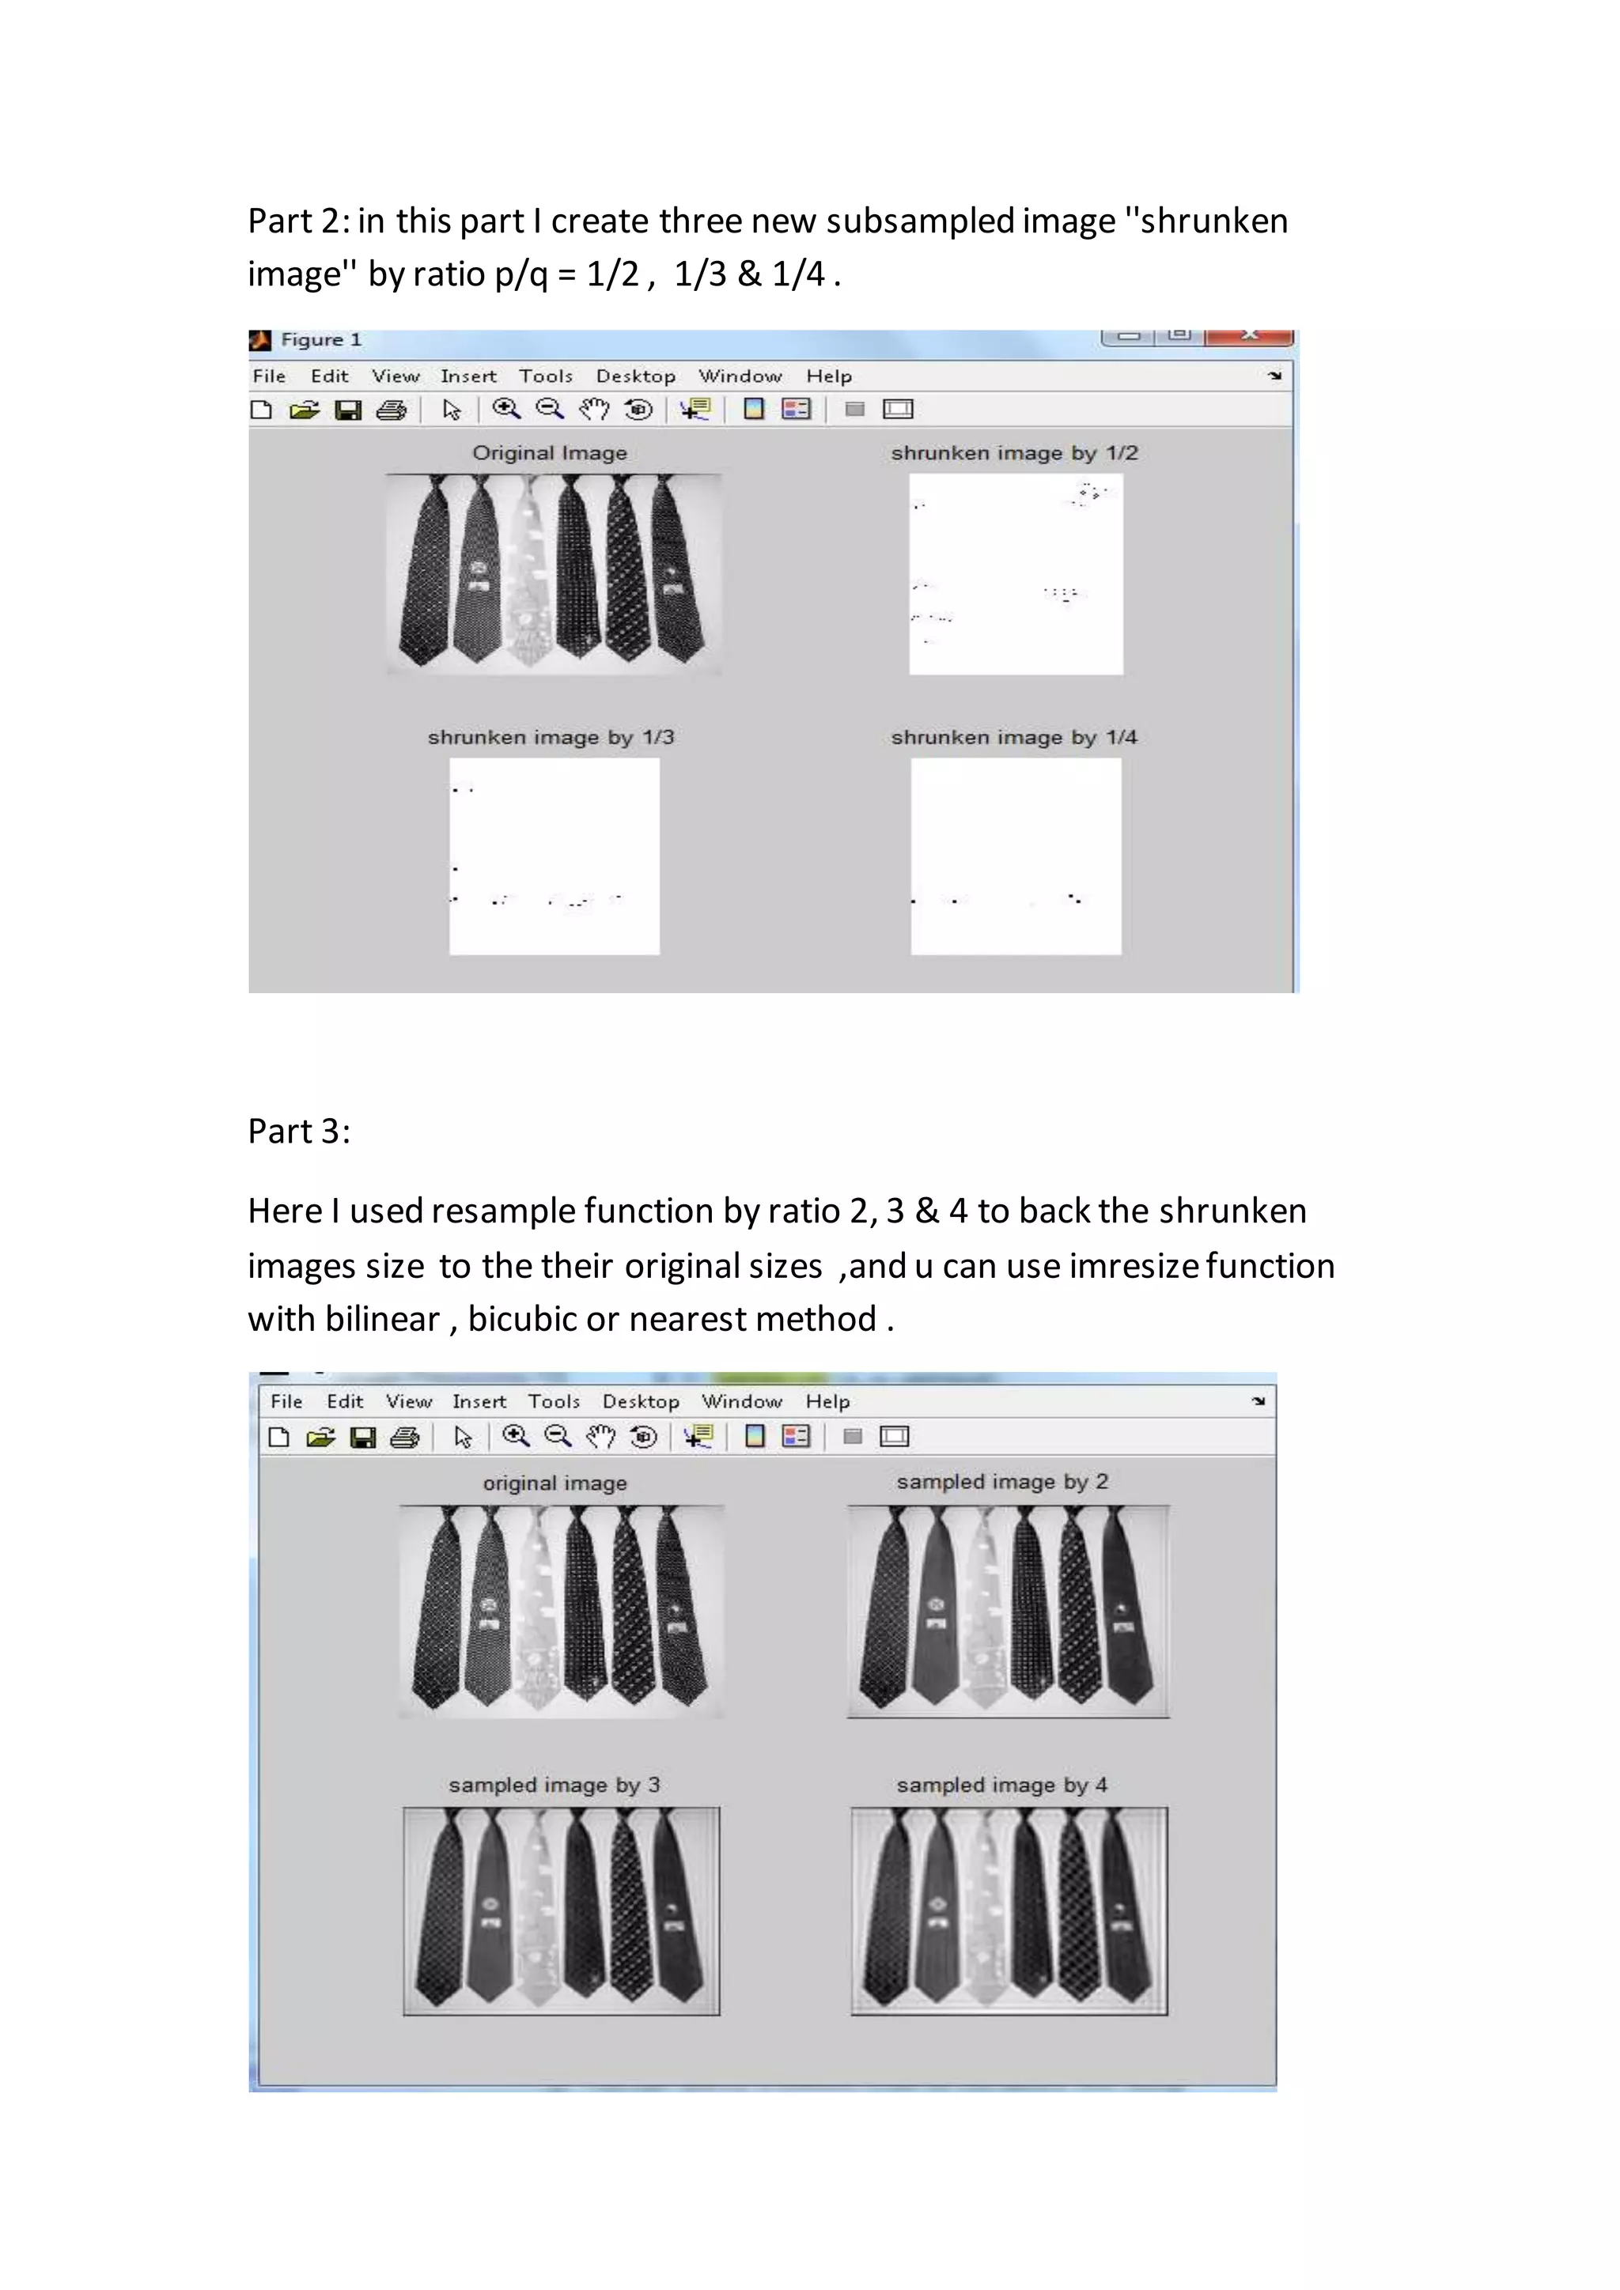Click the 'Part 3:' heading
coord(298,1131)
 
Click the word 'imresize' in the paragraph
coord(1134,1266)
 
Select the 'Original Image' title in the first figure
coord(550,453)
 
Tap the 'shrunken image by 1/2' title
coord(1013,453)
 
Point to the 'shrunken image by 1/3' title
coord(551,737)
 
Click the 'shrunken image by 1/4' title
coord(1013,737)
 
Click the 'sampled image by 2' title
coord(1001,1482)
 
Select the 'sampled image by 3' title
coord(554,1786)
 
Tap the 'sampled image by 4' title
coord(1001,1786)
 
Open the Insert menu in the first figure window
coord(467,376)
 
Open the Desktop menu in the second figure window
coord(641,1401)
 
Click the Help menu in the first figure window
coord(829,376)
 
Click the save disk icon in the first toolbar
coord(347,410)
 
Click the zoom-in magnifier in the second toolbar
coord(515,1436)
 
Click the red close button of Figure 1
coord(1248,336)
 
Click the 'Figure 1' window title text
coord(320,340)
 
